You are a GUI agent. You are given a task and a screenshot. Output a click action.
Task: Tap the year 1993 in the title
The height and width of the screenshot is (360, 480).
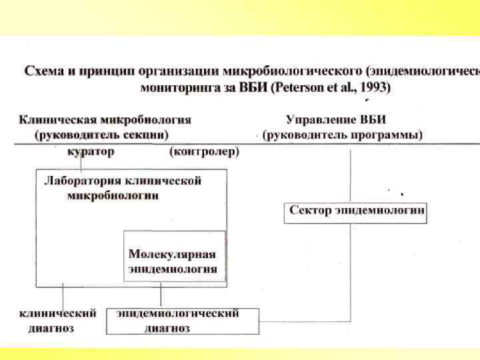point(375,87)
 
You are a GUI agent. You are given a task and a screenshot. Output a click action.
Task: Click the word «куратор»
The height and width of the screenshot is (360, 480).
point(91,152)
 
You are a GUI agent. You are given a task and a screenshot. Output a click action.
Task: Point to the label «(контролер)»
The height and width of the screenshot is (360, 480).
point(204,152)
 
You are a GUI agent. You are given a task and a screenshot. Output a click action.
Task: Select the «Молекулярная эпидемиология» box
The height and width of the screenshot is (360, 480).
point(173,262)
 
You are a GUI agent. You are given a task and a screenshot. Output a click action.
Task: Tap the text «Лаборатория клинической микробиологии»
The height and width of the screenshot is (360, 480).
point(123,188)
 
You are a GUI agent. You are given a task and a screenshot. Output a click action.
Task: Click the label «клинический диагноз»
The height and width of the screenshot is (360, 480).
point(56,321)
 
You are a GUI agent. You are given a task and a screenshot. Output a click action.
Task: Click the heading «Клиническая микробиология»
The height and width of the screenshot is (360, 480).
point(105,120)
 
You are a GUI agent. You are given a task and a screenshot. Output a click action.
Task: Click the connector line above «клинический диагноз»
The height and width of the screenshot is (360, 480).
point(63,297)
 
